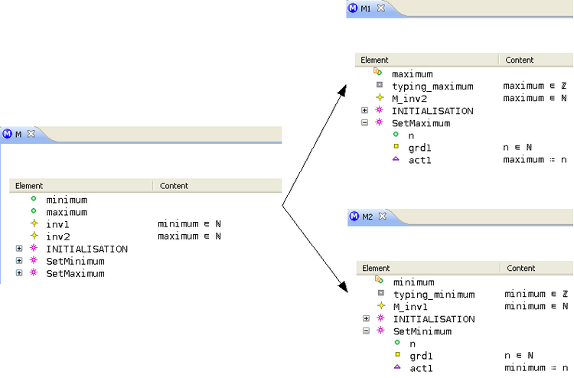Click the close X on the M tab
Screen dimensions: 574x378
pyautogui.click(x=31, y=134)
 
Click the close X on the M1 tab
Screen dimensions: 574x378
pyautogui.click(x=381, y=8)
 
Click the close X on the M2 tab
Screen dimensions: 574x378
pyautogui.click(x=383, y=217)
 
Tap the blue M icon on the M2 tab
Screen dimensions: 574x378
pyautogui.click(x=354, y=217)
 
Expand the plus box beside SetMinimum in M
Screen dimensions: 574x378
pyautogui.click(x=19, y=261)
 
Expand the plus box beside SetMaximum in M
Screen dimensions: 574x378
pyautogui.click(x=19, y=273)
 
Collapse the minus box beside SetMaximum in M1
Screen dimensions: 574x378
pyautogui.click(x=364, y=122)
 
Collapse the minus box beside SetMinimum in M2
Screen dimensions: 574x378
pyautogui.click(x=366, y=331)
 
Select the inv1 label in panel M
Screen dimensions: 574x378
pyautogui.click(x=57, y=224)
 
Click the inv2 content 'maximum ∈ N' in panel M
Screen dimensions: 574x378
pyautogui.click(x=189, y=236)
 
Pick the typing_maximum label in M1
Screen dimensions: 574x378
pyautogui.click(x=432, y=86)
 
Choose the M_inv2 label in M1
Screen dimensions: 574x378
pyautogui.click(x=409, y=99)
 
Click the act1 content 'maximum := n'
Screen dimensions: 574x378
pyautogui.click(x=535, y=160)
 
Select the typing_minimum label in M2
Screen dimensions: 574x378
pyautogui.click(x=434, y=295)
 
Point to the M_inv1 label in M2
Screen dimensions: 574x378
pyautogui.click(x=411, y=307)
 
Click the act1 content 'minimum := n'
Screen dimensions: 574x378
pyautogui.click(x=536, y=368)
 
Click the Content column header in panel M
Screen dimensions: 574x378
pyautogui.click(x=174, y=186)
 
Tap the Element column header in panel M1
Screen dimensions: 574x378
pyautogui.click(x=374, y=60)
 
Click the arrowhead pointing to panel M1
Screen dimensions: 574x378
pyautogui.click(x=342, y=91)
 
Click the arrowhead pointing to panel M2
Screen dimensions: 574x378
pyautogui.click(x=343, y=286)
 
